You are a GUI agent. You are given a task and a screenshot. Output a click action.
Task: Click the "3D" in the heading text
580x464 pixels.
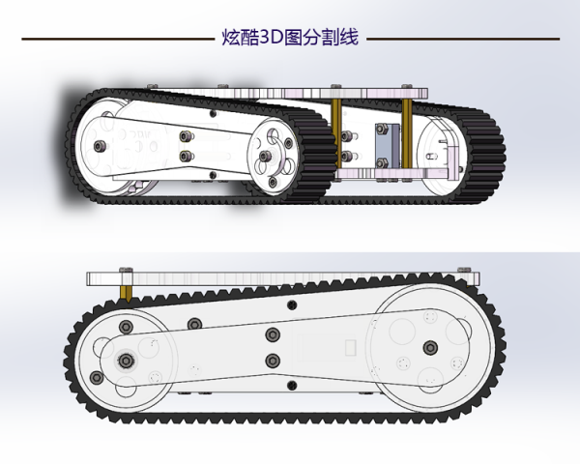pos(271,38)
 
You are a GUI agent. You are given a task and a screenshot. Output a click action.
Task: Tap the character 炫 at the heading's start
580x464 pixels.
pos(231,38)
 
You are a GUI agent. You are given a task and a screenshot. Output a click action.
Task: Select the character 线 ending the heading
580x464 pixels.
pos(350,38)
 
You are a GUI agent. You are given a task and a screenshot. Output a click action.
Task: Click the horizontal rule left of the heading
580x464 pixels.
pos(118,39)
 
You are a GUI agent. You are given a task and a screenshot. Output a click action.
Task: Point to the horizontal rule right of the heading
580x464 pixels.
pos(463,39)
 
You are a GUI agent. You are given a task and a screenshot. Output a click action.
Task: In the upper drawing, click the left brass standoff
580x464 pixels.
pos(336,133)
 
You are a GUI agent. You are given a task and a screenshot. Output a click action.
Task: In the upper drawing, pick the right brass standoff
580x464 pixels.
pos(407,133)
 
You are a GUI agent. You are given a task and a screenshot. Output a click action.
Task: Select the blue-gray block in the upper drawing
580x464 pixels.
pos(388,146)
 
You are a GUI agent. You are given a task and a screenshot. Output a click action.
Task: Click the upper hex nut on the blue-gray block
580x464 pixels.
pos(382,130)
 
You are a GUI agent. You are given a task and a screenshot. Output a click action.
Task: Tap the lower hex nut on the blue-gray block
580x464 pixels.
pos(382,162)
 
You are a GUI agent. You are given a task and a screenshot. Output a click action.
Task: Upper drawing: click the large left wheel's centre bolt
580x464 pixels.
pos(100,146)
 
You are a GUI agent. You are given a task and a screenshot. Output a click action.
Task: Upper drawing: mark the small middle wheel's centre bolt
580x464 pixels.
pos(265,156)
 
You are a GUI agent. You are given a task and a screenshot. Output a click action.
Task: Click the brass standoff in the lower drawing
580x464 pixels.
pos(126,292)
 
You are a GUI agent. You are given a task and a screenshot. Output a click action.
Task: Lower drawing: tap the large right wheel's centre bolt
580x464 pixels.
pos(430,348)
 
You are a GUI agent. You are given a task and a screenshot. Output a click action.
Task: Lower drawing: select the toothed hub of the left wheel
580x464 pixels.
pos(127,360)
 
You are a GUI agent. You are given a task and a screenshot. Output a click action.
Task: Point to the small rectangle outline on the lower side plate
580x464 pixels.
pos(350,348)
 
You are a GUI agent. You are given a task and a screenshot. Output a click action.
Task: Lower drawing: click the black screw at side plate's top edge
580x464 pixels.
pos(292,305)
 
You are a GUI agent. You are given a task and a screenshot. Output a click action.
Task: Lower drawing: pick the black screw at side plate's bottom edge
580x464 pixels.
pos(292,385)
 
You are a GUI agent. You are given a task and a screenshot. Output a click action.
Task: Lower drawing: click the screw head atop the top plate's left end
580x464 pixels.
pos(126,270)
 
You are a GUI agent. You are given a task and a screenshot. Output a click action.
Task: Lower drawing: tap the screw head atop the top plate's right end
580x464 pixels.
pos(464,270)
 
